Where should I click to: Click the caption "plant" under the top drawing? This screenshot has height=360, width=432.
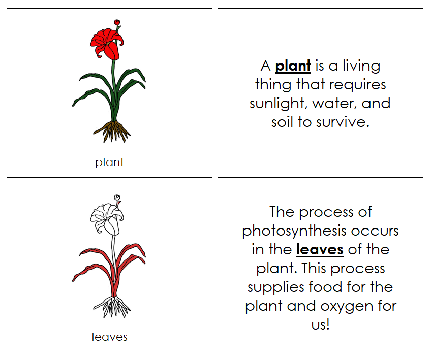[x=109, y=162]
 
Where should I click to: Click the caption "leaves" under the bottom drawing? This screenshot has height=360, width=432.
[x=109, y=337]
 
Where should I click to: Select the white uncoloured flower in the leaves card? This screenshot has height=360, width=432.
[x=107, y=216]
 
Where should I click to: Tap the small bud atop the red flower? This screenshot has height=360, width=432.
[x=117, y=22]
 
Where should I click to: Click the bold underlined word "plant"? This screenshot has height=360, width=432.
[x=293, y=66]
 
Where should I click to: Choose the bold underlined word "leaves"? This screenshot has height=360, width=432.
[x=320, y=249]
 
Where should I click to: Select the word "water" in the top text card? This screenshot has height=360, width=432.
[x=333, y=104]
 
